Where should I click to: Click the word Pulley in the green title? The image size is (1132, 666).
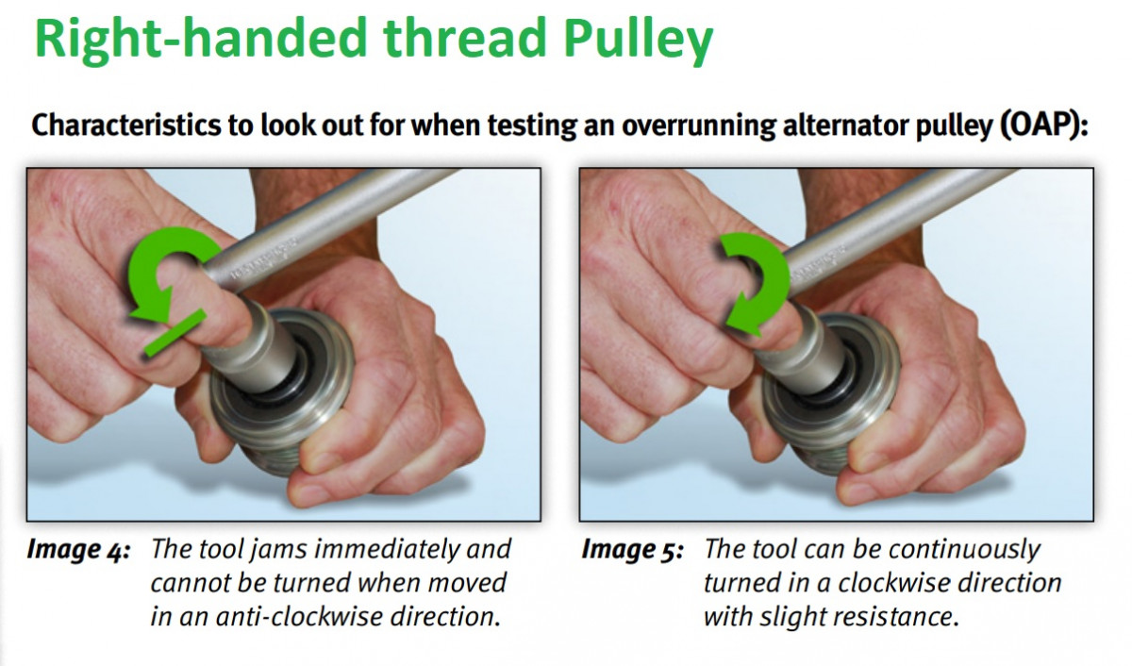pos(639,40)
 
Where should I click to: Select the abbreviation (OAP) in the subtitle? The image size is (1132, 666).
pos(1044,125)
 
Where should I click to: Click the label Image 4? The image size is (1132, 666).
pos(78,550)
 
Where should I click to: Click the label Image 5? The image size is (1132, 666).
pos(632,550)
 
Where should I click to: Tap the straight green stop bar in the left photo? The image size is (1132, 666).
pos(175,333)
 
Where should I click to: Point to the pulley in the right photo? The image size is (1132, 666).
pos(834,399)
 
